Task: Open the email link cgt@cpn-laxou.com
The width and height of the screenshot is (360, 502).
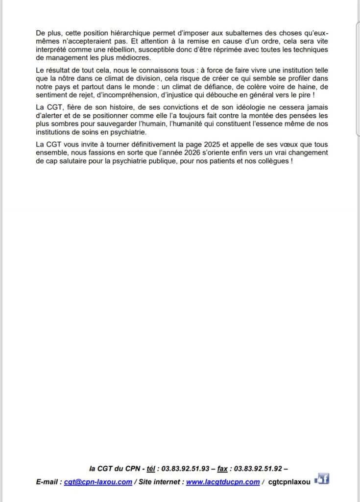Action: tap(98, 482)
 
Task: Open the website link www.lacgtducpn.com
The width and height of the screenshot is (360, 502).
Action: tap(223, 482)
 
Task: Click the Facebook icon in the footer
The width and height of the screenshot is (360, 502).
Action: tap(322, 480)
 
